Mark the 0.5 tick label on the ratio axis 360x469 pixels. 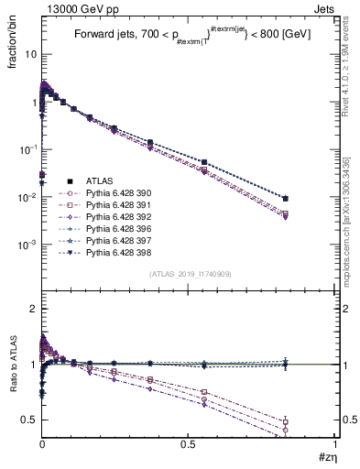(x=31, y=420)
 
